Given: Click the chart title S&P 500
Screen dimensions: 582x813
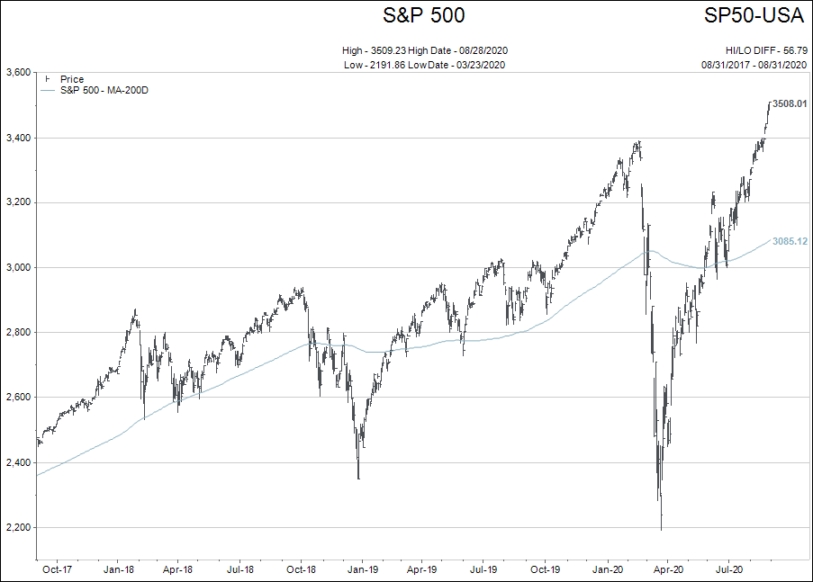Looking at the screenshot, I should point(424,15).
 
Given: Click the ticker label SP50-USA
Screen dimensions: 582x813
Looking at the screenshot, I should point(754,15).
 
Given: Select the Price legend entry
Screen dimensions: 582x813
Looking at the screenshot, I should point(71,79).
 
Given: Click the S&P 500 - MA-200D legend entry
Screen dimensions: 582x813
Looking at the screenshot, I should point(104,90).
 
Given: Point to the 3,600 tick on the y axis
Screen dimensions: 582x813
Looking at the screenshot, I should point(18,73).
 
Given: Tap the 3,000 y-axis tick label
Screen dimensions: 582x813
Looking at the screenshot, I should point(18,268).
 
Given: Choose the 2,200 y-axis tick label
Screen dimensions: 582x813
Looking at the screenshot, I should point(18,528).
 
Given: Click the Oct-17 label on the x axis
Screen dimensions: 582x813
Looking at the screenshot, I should point(57,569).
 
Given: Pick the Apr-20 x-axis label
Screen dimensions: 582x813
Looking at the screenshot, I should point(667,569).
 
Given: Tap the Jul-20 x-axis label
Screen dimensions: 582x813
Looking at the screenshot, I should point(728,569).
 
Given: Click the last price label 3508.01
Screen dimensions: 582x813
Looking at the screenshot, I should point(790,104).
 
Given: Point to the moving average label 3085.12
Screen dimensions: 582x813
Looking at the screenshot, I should point(790,241).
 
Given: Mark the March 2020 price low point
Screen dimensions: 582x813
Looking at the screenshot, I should point(661,529).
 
